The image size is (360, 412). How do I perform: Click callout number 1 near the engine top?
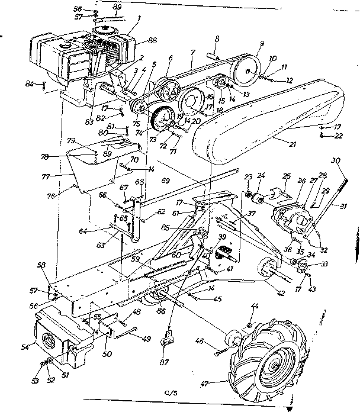point(139,18)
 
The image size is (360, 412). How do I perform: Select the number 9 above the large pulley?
point(260,44)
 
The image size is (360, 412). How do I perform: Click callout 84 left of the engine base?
point(44,83)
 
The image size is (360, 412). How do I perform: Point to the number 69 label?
point(165,179)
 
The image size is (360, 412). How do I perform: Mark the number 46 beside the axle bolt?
point(216,342)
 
